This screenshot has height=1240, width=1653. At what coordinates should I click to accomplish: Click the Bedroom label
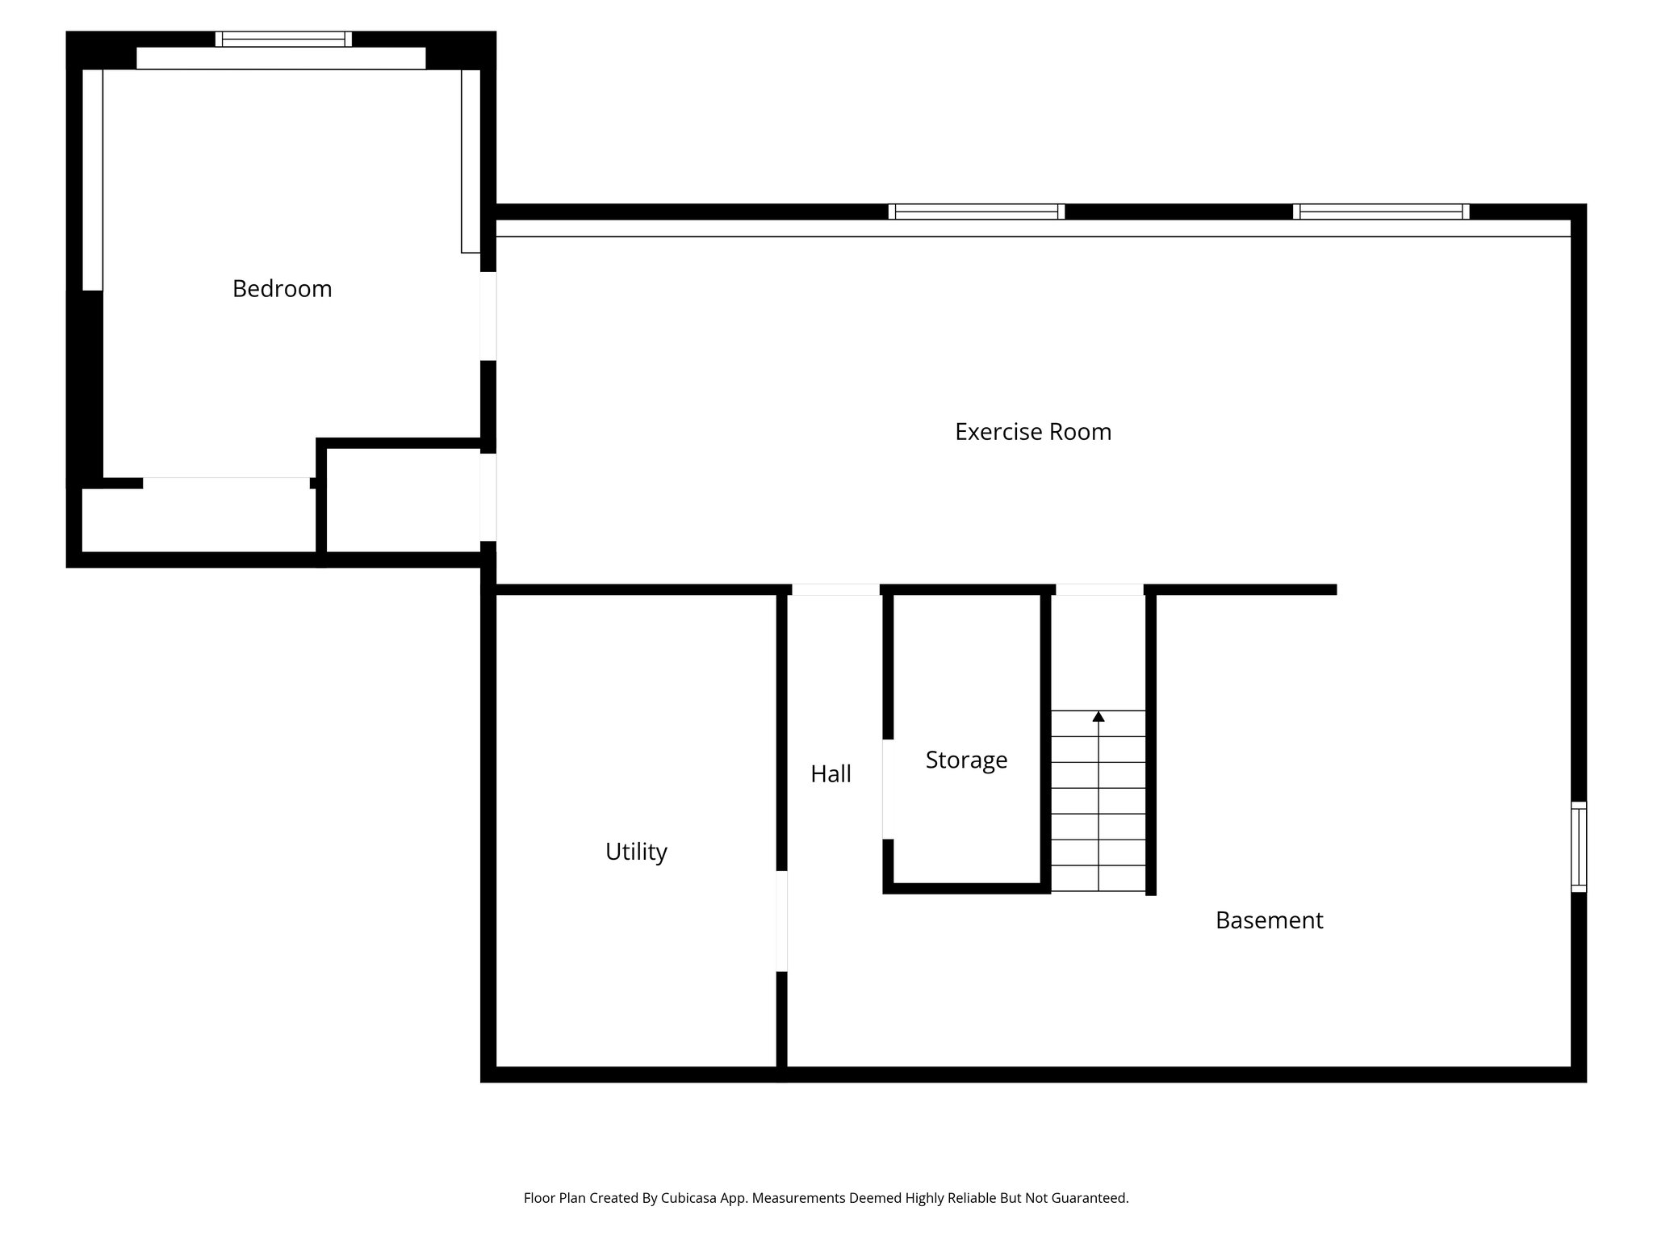tap(282, 289)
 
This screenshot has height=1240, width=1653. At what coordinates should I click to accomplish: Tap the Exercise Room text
tap(1032, 432)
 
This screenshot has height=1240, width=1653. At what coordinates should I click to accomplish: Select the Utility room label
tap(636, 852)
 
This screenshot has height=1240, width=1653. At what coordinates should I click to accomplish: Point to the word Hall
tap(831, 774)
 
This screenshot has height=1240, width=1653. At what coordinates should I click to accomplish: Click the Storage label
tap(966, 760)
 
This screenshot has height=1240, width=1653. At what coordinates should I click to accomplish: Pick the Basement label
tap(1269, 920)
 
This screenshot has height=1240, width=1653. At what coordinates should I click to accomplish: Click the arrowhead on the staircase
tap(1098, 716)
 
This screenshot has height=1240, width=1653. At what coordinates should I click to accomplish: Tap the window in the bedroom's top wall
tap(283, 39)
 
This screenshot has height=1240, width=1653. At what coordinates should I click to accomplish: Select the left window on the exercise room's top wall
tap(976, 212)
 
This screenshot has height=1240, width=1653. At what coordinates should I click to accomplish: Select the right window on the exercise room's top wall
tap(1380, 212)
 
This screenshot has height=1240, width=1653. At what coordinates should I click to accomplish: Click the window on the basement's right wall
tap(1578, 846)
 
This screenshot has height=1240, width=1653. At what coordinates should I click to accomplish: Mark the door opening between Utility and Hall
tap(781, 920)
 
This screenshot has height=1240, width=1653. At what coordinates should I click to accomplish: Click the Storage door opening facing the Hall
tap(887, 789)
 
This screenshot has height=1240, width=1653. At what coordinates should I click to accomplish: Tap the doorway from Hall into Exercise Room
tap(835, 589)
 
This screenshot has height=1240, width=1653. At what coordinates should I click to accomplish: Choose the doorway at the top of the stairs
tap(1099, 589)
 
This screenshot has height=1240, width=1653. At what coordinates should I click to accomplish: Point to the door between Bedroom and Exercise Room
tap(488, 316)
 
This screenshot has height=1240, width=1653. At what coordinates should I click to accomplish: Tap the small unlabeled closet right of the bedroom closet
tap(403, 501)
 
